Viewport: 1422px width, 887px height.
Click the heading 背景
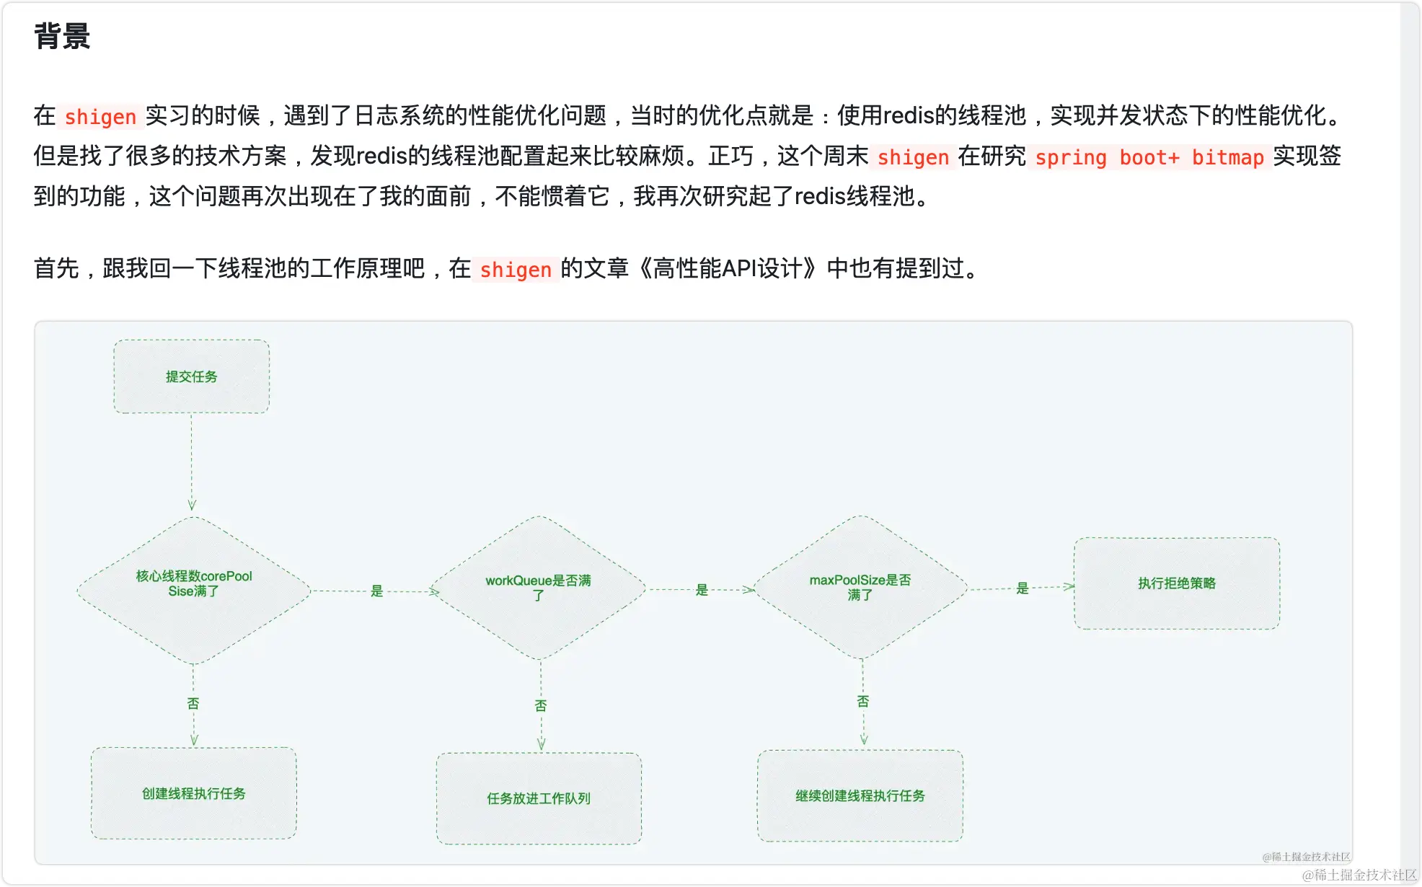coord(62,36)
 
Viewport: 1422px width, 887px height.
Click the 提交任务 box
coord(191,376)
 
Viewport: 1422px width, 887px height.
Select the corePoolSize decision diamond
coord(193,590)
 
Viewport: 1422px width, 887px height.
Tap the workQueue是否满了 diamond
coord(538,588)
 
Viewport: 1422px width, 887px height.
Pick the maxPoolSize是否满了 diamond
coord(860,587)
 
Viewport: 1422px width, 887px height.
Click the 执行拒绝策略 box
coord(1176,583)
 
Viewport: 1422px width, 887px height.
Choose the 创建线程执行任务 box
coord(193,793)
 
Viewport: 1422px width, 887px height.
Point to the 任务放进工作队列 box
coord(538,798)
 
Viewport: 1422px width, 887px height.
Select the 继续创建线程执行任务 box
coord(860,795)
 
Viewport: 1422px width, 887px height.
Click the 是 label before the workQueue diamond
coord(376,591)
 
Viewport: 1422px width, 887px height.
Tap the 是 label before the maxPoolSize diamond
coord(702,590)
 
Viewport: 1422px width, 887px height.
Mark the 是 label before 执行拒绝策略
coord(1022,588)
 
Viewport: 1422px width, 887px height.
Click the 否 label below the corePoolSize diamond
coord(193,703)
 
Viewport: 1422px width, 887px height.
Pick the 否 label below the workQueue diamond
coord(541,705)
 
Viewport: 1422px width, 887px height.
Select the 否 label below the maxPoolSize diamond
coord(863,701)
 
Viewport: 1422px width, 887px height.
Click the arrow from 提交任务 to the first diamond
coord(191,462)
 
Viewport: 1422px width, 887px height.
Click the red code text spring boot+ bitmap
coord(1149,157)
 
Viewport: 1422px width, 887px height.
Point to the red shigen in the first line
coord(100,116)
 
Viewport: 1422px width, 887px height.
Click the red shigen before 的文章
coord(515,270)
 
